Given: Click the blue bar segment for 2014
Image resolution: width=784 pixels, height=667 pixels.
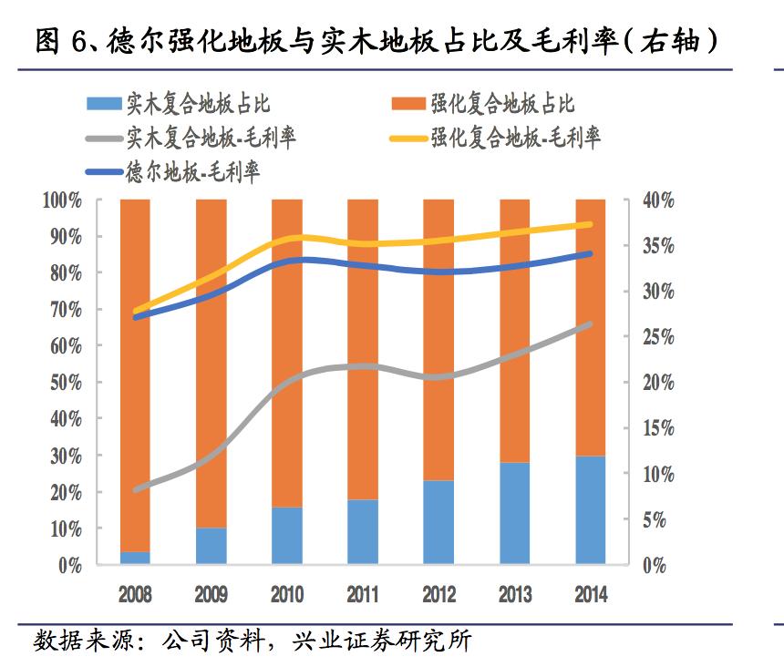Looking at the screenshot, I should (x=590, y=510).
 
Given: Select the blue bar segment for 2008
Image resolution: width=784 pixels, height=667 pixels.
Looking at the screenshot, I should (x=135, y=558).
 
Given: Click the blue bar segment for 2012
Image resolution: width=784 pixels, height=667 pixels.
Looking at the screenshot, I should (x=438, y=522).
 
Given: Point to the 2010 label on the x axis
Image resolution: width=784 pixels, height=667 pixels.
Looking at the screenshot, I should (x=287, y=595).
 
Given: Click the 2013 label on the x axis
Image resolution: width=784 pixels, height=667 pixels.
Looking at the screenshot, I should (x=514, y=595).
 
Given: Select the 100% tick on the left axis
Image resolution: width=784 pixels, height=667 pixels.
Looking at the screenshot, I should (x=63, y=200).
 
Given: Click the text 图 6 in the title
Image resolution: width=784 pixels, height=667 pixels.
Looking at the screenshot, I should (x=60, y=41).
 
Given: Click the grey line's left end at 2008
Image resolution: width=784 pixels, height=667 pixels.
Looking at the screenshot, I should (x=135, y=490).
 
